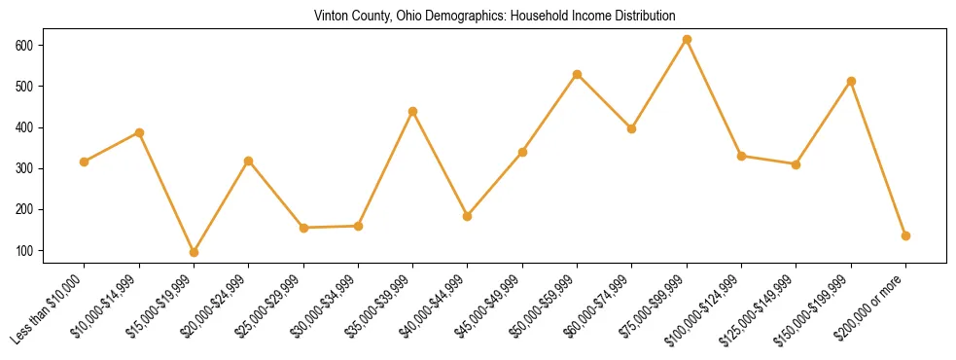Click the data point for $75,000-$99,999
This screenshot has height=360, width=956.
687,39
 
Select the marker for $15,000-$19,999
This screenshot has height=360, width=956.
194,252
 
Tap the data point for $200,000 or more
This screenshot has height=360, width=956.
905,235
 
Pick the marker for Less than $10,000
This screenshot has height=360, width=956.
85,162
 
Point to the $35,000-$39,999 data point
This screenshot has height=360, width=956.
412,111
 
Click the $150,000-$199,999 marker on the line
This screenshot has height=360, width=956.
851,81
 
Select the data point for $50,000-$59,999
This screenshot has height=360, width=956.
577,74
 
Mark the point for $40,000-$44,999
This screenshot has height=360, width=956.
468,216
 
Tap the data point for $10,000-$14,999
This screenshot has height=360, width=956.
139,132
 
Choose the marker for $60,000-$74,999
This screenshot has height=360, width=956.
632,128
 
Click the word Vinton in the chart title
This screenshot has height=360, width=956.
331,16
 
